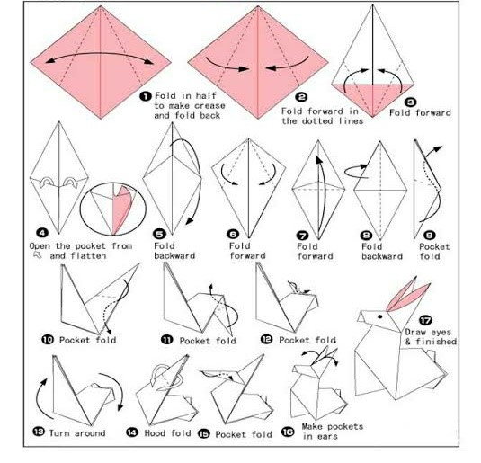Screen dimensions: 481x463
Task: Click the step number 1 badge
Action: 146,96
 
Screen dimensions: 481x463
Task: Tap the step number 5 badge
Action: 159,234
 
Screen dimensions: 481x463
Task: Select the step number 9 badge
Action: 430,236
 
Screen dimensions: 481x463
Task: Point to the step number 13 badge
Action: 39,432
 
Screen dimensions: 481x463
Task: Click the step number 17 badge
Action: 425,320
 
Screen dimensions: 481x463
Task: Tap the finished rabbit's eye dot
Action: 379,316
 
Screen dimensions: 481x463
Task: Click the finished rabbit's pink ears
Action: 407,294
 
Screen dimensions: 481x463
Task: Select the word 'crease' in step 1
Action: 209,106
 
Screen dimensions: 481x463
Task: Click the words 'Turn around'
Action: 77,433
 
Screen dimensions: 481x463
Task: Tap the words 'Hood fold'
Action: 167,433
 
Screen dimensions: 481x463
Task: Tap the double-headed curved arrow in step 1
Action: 100,53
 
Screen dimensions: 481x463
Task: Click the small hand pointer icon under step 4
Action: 38,255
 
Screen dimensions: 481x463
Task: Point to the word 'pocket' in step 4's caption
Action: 91,246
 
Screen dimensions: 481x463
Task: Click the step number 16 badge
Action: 288,432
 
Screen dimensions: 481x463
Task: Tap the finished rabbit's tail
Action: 431,355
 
